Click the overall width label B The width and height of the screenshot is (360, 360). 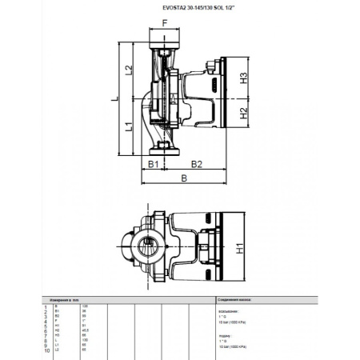[184, 179]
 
